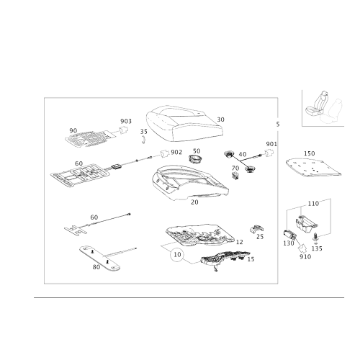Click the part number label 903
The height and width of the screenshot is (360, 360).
click(x=126, y=121)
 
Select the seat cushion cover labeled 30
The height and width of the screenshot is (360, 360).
click(x=185, y=124)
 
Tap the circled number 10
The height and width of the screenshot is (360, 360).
click(x=177, y=254)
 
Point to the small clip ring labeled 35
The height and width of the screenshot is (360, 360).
click(x=143, y=140)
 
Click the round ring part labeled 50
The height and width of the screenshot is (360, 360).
click(x=194, y=160)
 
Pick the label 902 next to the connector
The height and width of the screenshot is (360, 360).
click(x=176, y=153)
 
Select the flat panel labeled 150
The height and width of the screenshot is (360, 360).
click(x=313, y=168)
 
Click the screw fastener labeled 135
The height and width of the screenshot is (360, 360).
click(x=315, y=238)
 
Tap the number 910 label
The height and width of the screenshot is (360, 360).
click(x=305, y=257)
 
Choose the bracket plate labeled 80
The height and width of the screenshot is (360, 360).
click(x=99, y=258)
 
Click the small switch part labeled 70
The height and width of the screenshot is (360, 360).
click(x=235, y=176)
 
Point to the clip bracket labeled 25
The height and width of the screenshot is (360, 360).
click(x=256, y=229)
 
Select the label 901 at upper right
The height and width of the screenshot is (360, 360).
click(x=271, y=144)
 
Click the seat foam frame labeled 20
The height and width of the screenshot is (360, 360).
click(x=190, y=182)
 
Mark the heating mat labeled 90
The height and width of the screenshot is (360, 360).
click(x=90, y=138)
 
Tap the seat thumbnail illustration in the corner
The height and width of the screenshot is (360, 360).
click(x=323, y=108)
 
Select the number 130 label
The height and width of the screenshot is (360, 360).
click(x=289, y=243)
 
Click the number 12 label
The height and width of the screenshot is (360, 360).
click(x=240, y=242)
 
